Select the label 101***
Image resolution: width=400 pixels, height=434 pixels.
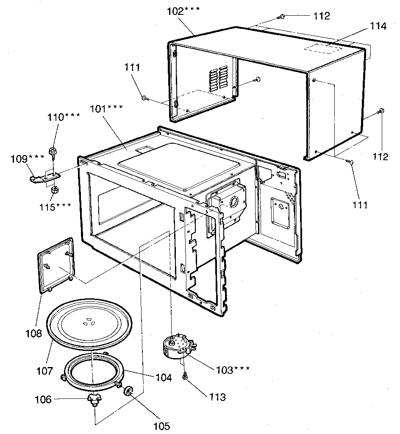click(106, 108)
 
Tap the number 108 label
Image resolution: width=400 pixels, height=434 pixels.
click(33, 334)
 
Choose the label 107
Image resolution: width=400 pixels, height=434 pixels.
click(44, 371)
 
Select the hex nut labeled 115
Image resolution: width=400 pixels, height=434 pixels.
click(54, 190)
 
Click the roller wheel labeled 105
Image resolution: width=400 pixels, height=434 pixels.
click(128, 390)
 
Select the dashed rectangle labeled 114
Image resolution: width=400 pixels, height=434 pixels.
click(325, 46)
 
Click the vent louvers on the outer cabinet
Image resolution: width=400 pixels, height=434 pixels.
click(218, 78)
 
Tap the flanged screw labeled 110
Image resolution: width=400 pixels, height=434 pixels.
click(53, 151)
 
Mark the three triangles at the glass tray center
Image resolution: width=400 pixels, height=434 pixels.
click(88, 322)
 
